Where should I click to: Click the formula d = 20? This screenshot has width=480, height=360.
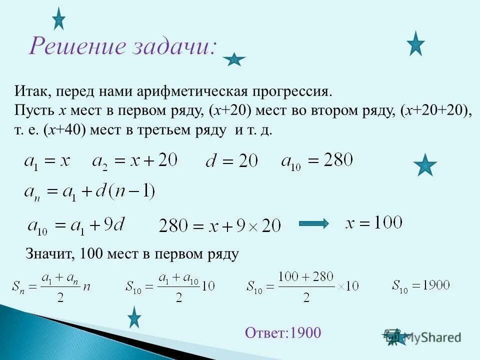click(231, 161)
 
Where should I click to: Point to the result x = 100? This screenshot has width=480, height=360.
click(374, 222)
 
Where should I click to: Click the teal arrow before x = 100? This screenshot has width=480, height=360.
click(314, 223)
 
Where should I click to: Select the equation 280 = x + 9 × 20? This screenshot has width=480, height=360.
click(220, 225)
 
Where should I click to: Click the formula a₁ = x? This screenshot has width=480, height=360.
click(46, 161)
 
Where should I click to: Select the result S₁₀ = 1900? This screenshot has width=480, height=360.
click(421, 286)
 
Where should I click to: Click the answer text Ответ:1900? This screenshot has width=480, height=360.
click(283, 332)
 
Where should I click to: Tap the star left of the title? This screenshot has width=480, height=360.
click(58, 19)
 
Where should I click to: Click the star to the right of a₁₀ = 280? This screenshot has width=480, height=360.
click(425, 165)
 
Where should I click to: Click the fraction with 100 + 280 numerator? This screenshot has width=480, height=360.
click(306, 286)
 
